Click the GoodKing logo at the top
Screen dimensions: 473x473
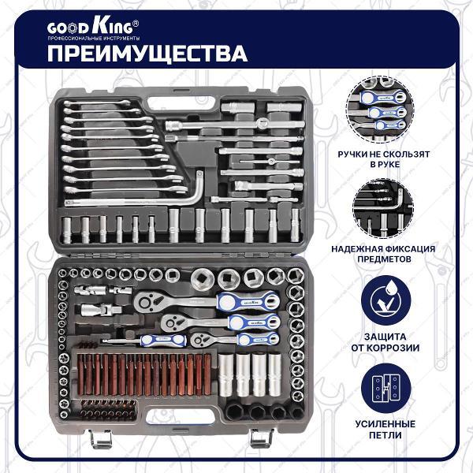point(92,27)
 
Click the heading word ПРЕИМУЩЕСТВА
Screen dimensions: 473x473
point(147,54)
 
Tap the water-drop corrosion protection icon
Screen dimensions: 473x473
point(385,300)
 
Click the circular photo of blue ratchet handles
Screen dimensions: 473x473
point(380,110)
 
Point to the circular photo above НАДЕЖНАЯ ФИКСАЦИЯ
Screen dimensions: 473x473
point(383,208)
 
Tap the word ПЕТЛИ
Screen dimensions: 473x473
point(385,435)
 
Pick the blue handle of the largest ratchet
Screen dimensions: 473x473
point(248,300)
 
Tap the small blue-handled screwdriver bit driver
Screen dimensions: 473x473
point(144,341)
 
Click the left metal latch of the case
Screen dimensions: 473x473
point(100,439)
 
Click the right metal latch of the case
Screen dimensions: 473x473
point(261,438)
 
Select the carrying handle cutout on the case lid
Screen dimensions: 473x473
point(181,103)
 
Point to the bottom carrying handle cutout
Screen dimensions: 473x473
point(181,417)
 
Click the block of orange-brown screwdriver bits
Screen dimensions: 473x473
point(144,374)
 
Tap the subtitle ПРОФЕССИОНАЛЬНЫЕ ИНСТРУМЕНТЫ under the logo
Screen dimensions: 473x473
point(94,39)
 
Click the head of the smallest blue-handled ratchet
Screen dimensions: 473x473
point(199,339)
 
